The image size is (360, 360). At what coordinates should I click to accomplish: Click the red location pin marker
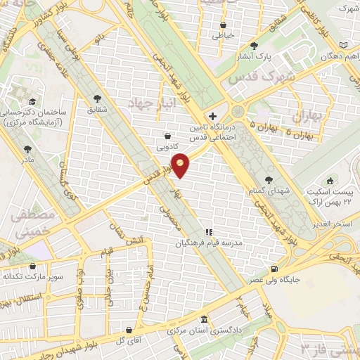[x=181, y=165]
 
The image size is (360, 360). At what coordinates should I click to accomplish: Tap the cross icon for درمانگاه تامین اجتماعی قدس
[x=212, y=115]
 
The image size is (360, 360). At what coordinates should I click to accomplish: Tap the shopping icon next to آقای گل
[x=129, y=330]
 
